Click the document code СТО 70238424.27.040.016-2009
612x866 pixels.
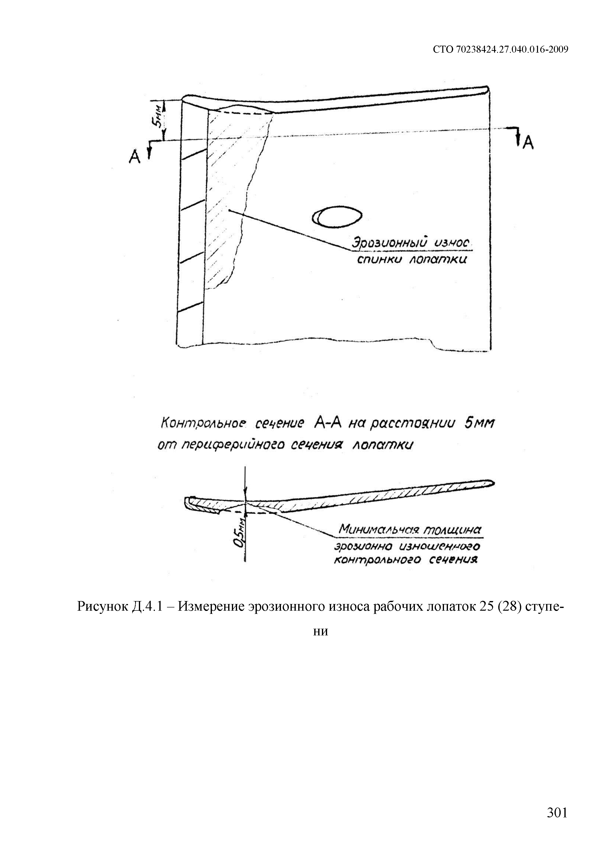(x=500, y=49)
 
